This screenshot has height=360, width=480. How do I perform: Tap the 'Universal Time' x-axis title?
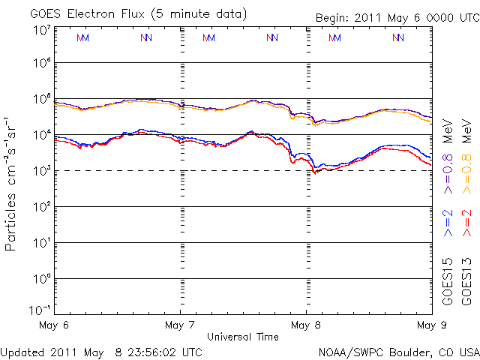243,336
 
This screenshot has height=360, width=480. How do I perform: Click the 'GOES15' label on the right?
448,280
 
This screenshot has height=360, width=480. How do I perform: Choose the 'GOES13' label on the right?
466,280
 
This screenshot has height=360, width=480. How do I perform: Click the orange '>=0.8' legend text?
466,172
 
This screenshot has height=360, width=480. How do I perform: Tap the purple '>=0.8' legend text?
448,172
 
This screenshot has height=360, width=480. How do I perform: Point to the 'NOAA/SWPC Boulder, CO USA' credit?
398,351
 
